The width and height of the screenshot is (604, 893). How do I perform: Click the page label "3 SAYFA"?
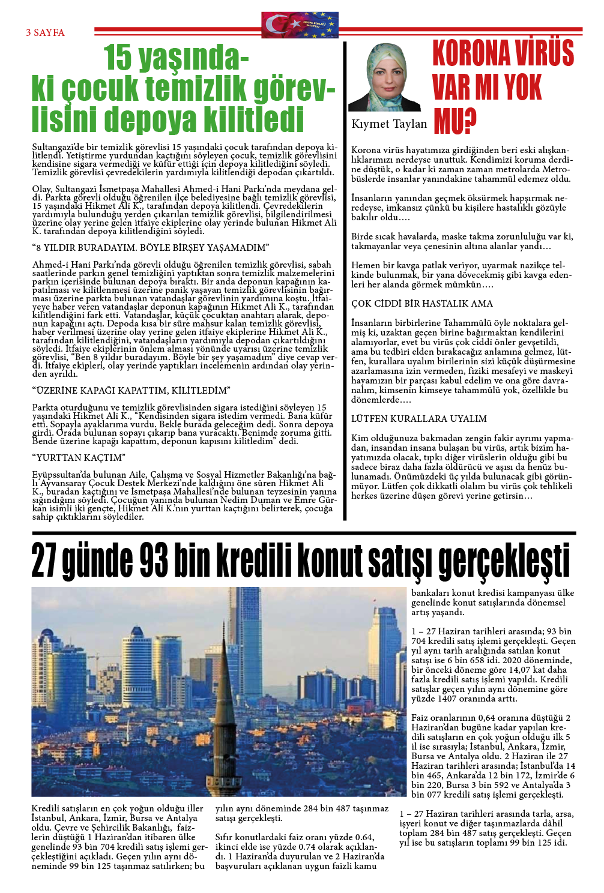pyautogui.click(x=45, y=32)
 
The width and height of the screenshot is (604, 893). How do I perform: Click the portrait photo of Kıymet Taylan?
pyautogui.click(x=384, y=78)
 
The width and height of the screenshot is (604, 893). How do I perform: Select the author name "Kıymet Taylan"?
pyautogui.click(x=389, y=124)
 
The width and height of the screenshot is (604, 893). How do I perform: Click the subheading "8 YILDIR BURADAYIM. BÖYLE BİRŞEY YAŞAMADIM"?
pyautogui.click(x=151, y=247)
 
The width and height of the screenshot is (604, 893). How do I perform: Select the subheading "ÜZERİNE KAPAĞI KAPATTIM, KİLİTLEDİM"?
pyautogui.click(x=131, y=390)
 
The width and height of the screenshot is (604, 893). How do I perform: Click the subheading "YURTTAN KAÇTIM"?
pyautogui.click(x=79, y=457)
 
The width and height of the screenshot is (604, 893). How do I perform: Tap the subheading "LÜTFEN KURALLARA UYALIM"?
pyautogui.click(x=418, y=418)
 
